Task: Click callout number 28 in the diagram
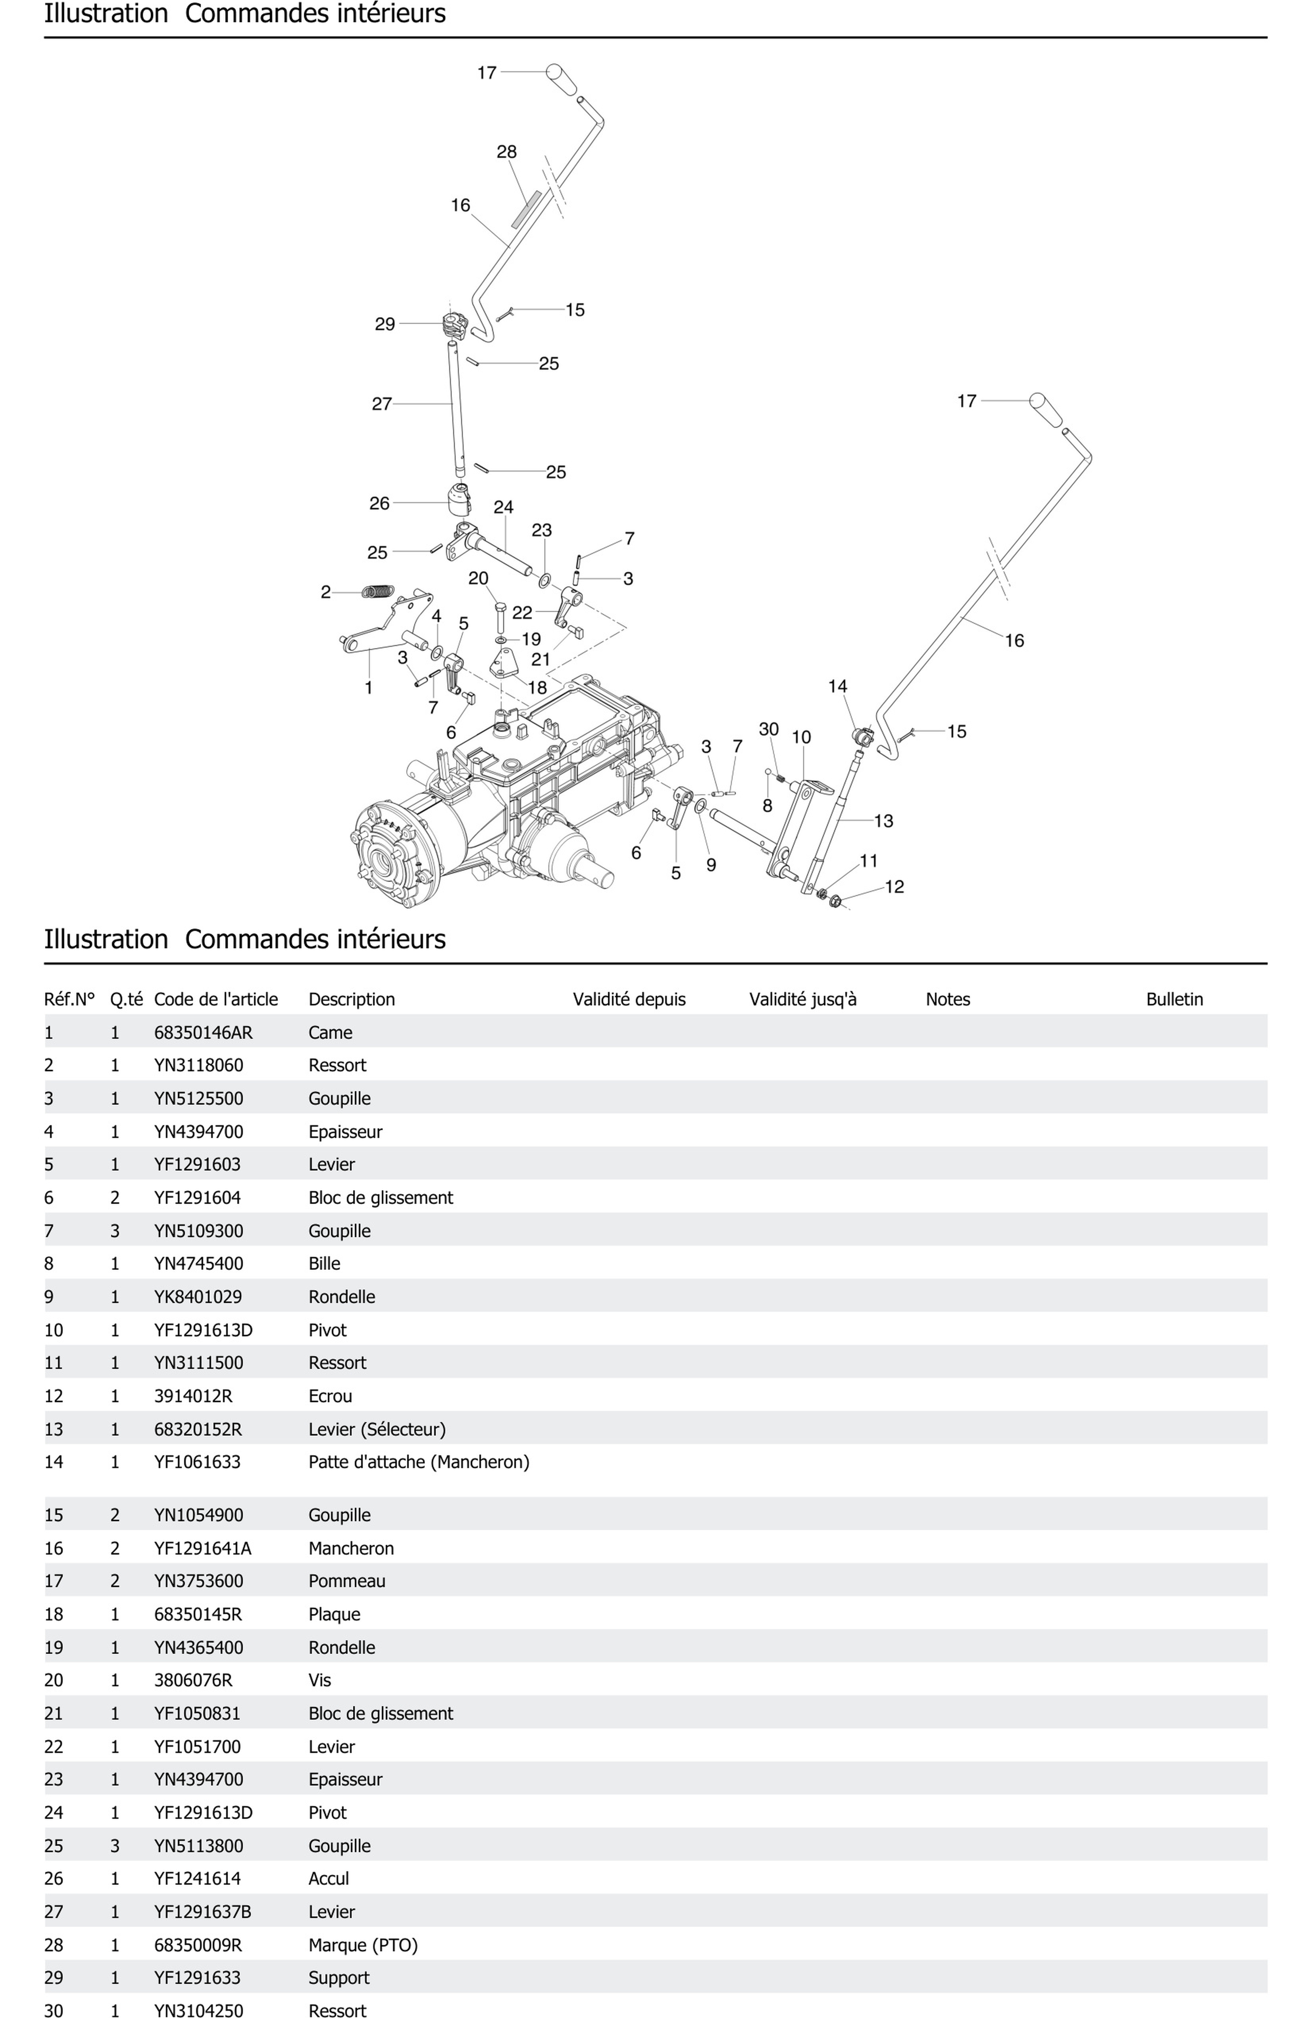tap(506, 152)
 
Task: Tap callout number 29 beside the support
tap(385, 324)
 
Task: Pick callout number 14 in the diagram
tap(837, 686)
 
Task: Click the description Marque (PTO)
tap(363, 1945)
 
